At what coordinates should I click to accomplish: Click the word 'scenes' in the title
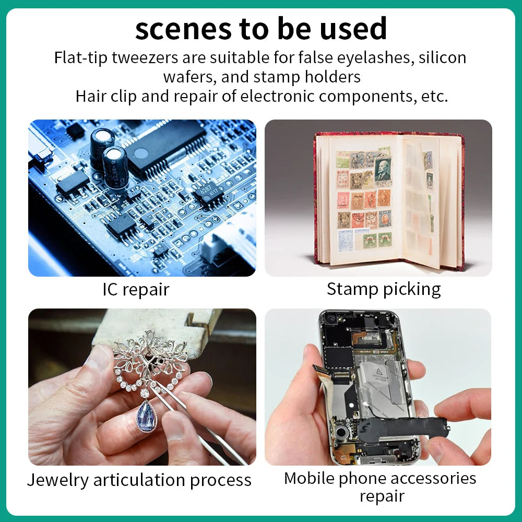coord(183,29)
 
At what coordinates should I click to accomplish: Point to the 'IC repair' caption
coord(136,289)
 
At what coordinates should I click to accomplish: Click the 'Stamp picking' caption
coord(384,289)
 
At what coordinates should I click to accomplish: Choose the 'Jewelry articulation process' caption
coord(139,480)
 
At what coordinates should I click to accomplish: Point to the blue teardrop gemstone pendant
coord(146,416)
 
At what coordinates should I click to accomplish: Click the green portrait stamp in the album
coord(383,172)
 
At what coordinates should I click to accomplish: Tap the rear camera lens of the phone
coord(331,319)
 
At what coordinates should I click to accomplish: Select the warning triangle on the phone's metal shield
coord(378,371)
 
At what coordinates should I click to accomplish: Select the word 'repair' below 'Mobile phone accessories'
coord(382,497)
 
